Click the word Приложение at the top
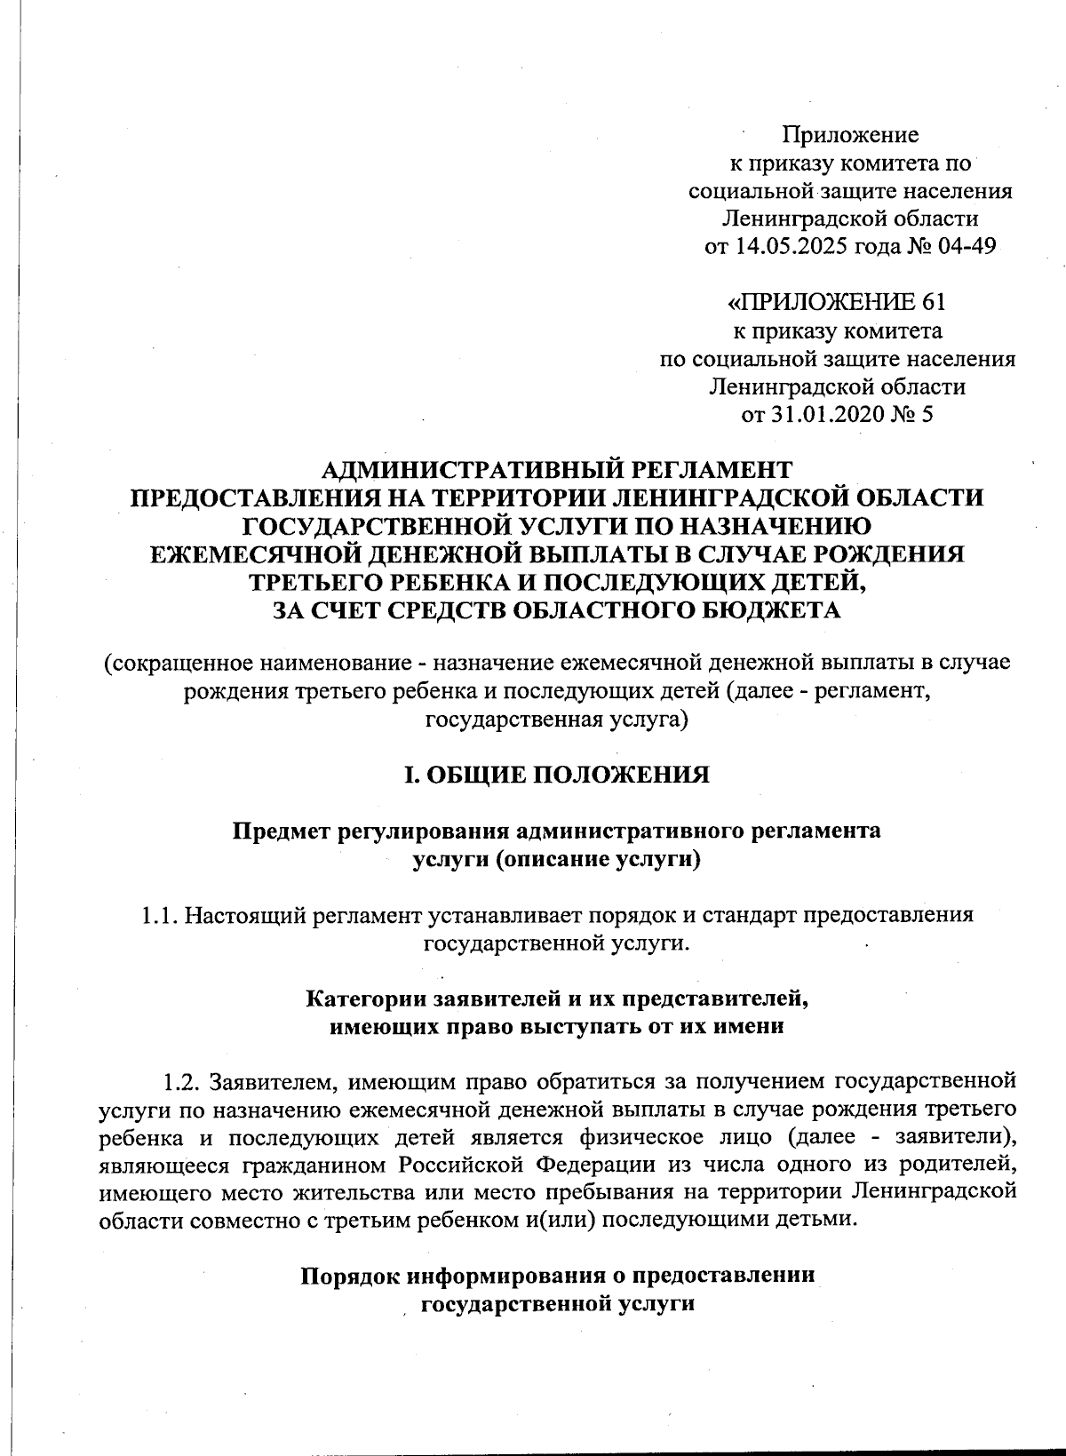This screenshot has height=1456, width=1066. [x=850, y=135]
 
